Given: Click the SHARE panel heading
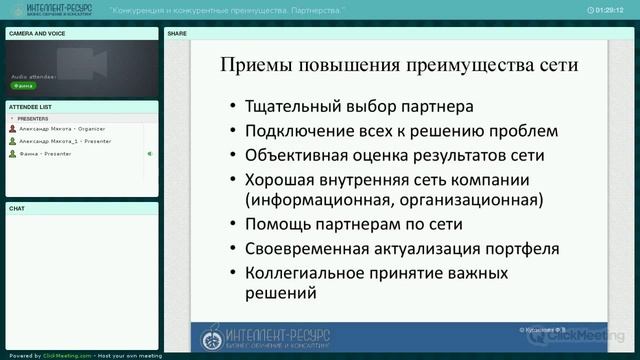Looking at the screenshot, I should click(x=177, y=33).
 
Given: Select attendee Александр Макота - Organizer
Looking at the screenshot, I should click(x=59, y=129).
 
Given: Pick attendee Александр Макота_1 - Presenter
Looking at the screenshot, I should click(x=63, y=141).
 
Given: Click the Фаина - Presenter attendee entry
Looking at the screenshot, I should click(x=41, y=154).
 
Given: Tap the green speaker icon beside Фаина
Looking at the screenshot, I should click(x=149, y=154).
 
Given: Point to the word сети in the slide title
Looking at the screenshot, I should click(x=556, y=68).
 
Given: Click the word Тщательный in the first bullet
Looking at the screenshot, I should click(x=297, y=105).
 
